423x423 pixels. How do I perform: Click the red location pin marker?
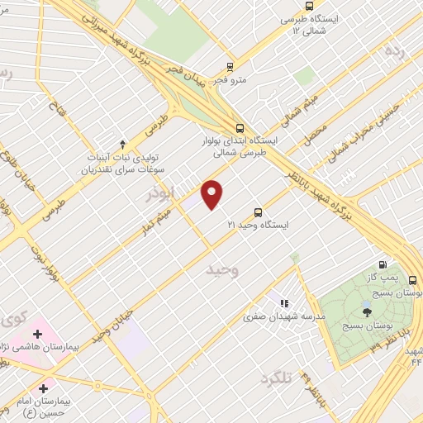[x=213, y=194]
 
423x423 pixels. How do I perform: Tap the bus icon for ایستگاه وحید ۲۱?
[x=259, y=211]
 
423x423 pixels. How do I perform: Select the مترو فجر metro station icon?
[x=230, y=67]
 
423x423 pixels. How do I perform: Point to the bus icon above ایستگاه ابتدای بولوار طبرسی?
[x=240, y=128]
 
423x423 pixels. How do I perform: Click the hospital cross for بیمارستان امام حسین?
[x=42, y=387]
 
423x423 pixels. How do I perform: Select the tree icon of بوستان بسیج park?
[x=367, y=311]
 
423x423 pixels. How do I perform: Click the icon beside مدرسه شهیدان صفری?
[x=285, y=304]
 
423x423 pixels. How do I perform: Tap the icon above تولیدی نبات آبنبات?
[x=123, y=143]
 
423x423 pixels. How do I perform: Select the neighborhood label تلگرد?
[x=275, y=378]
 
